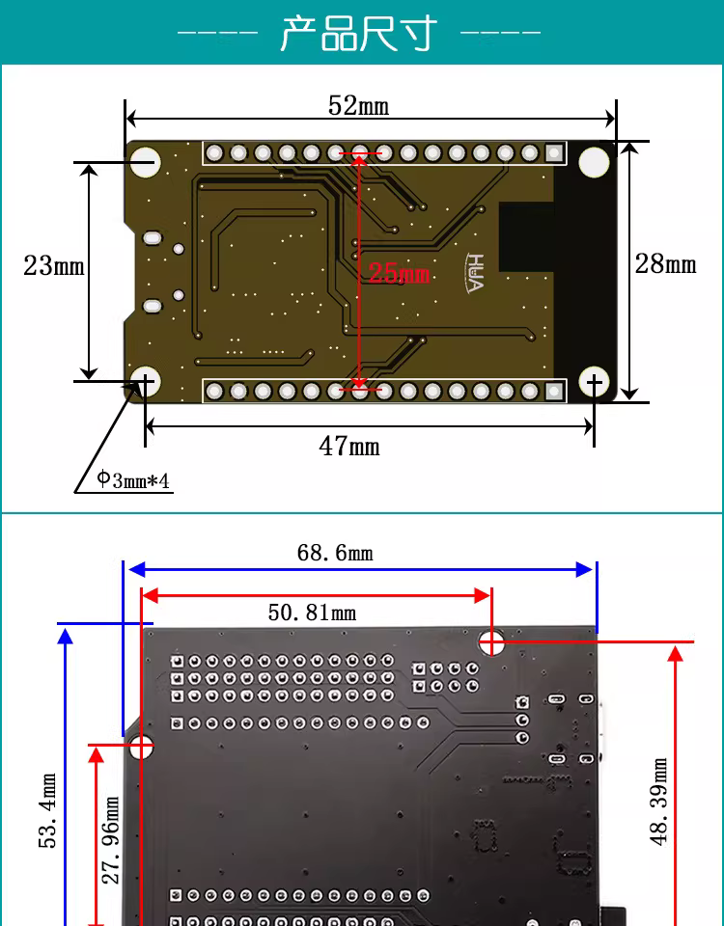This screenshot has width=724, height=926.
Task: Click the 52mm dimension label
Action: click(359, 106)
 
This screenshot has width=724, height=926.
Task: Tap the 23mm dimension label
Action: click(54, 265)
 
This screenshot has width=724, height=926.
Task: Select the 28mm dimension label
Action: click(665, 263)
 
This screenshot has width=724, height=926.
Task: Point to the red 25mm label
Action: click(399, 273)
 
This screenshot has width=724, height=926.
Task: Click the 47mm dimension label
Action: click(349, 446)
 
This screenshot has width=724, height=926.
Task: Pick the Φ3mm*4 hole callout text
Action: click(133, 479)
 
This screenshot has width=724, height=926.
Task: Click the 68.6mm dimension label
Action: click(335, 553)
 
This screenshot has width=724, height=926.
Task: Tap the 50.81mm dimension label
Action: click(312, 613)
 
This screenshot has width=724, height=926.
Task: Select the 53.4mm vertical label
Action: click(47, 810)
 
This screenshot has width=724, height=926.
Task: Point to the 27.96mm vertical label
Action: click(110, 840)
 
